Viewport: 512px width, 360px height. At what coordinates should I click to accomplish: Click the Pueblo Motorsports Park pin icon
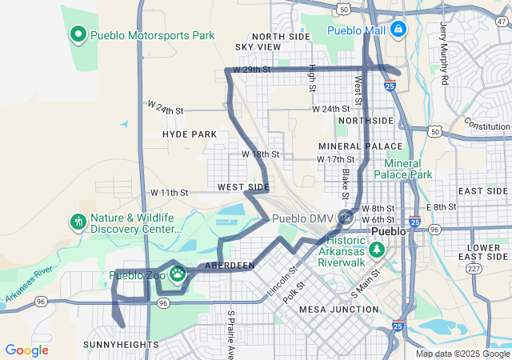[78, 34]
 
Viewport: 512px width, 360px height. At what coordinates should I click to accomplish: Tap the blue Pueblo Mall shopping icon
[398, 30]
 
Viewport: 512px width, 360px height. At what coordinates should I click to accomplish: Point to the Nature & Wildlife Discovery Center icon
[78, 222]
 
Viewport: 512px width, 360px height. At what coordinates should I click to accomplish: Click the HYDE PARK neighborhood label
[190, 134]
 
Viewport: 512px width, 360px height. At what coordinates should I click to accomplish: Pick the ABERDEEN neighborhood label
[230, 265]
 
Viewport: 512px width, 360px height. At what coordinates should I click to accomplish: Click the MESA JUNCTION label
[338, 309]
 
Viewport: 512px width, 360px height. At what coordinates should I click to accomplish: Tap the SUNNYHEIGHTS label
[121, 344]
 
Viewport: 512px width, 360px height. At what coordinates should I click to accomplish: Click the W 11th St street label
[169, 193]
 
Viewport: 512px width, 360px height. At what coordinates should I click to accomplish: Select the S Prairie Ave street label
[230, 334]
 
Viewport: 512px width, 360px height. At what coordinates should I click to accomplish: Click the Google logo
[26, 350]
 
